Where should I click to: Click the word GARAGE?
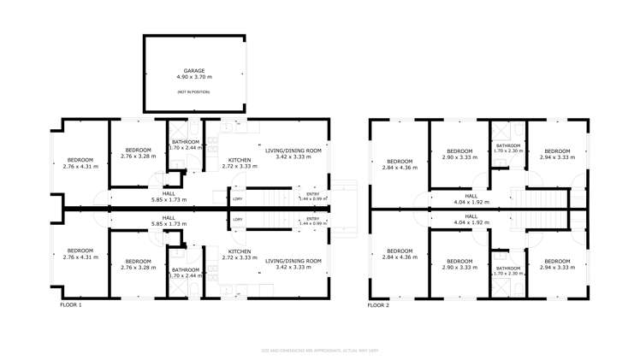193,71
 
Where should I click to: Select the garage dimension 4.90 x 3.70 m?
193,77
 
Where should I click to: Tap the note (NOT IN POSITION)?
193,91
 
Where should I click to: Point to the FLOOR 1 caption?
70,304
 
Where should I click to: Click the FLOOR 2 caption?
378,304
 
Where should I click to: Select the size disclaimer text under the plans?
320,351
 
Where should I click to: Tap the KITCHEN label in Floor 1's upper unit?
239,161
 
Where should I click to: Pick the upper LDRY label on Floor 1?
237,198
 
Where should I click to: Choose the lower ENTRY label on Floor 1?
312,219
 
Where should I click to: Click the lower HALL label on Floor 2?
471,216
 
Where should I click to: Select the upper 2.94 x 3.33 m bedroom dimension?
556,157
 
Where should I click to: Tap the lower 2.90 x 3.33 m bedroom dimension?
459,268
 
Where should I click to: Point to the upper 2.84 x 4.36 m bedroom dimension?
399,168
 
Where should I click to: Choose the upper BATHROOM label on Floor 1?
186,142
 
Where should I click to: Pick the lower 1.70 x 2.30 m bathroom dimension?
507,274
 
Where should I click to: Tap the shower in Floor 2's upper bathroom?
507,131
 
